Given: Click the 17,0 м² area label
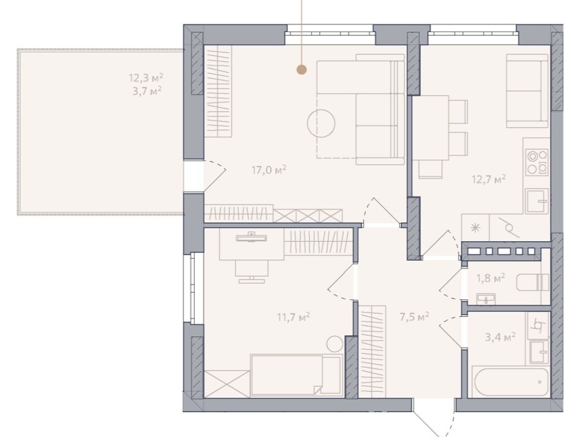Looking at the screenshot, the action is coord(269,170).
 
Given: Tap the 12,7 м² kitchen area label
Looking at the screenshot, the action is coord(489,179).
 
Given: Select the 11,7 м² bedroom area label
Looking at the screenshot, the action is coord(293,317).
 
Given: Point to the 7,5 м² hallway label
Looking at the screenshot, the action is coord(414,316).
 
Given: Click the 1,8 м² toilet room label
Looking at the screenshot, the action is coord(491,278).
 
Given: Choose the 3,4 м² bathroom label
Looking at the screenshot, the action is coord(500,337).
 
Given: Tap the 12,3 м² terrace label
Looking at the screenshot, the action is coord(146,77).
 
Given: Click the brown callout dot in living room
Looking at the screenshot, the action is coord(301,70).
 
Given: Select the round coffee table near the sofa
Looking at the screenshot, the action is coord(321,123).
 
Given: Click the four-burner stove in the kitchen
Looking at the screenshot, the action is coord(537,162).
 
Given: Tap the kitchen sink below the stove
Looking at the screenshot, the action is coord(537,201).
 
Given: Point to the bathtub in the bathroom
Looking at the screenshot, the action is coord(511,382).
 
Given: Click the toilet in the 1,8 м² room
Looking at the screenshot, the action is coord(533,283).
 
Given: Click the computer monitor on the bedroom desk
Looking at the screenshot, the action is coord(251,237).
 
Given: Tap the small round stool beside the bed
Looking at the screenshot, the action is coord(335,344).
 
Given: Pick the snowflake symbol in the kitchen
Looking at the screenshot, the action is coord(475,228).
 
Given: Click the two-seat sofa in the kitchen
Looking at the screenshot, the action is coord(527,91).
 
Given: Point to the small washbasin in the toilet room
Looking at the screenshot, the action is coord(486,299).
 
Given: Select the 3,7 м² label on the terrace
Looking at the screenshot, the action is coord(147,91).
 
